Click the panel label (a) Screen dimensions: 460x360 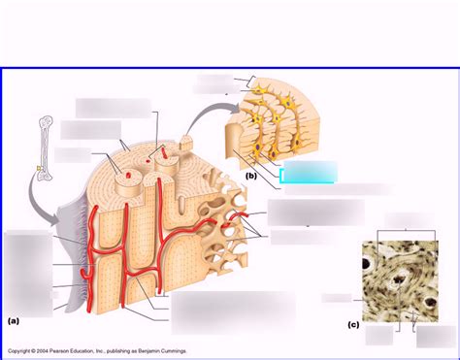(x=14, y=319)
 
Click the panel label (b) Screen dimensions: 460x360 (x=251, y=176)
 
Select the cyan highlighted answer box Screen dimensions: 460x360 (x=308, y=174)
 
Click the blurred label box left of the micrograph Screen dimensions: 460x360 (x=337, y=298)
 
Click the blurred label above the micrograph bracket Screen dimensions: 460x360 (x=399, y=218)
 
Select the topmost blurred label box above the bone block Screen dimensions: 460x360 (x=114, y=106)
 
